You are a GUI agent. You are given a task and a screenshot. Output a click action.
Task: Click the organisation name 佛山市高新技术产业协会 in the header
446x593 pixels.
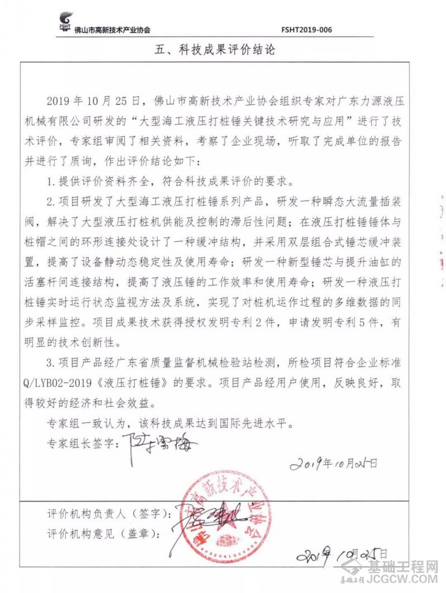pyautogui.click(x=112, y=30)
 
